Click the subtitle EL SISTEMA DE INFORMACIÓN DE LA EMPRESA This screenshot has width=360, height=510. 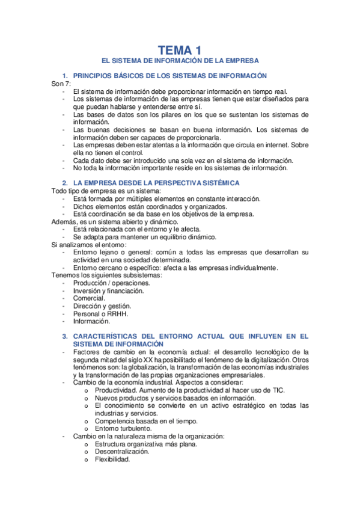coord(180,61)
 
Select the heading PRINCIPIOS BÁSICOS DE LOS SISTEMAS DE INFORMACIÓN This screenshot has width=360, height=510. coord(169,76)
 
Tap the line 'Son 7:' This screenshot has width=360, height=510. coord(61,84)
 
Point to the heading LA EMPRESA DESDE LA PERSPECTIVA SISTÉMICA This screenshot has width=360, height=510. coord(156,182)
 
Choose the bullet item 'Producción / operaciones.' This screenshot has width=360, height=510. coord(108,283)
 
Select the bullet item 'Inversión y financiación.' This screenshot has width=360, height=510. coord(108,290)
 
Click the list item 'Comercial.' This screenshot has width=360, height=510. coord(89,298)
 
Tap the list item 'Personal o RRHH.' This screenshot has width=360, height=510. coord(100,314)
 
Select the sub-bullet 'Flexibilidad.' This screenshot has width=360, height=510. coord(112,459)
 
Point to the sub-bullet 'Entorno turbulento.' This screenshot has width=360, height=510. coord(123,428)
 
